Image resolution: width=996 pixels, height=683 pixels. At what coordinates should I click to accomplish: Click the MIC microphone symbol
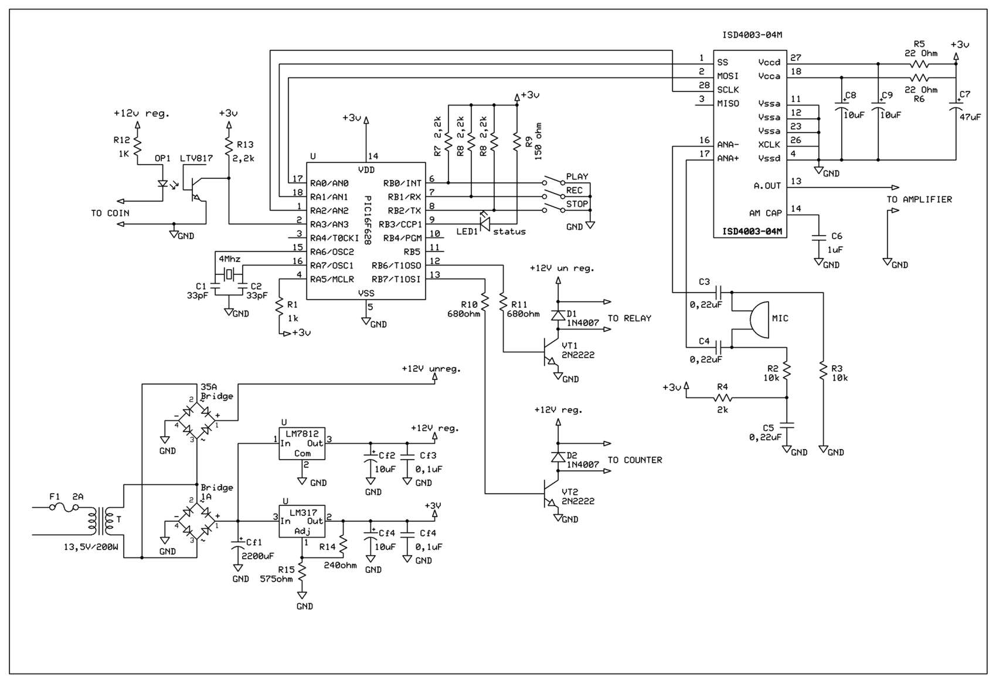759,320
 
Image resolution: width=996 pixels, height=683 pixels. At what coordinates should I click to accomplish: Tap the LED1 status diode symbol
485,221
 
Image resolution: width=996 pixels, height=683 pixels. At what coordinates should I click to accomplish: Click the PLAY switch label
577,176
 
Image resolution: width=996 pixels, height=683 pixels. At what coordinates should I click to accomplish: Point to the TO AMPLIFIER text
919,200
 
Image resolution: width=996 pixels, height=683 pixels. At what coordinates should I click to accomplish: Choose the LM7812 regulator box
302,443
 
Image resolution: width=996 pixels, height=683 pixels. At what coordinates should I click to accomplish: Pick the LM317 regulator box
302,521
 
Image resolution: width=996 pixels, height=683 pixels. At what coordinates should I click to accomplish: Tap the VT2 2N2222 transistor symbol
550,494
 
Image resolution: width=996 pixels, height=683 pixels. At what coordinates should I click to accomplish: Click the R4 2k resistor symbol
723,397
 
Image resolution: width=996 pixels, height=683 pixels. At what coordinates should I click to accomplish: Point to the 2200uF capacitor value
257,556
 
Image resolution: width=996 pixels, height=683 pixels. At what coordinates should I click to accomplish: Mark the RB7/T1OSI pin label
396,279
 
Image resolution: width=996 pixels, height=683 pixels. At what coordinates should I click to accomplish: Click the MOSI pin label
728,76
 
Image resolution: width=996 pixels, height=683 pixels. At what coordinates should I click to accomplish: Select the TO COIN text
110,213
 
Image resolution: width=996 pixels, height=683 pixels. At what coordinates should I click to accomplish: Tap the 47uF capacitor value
970,117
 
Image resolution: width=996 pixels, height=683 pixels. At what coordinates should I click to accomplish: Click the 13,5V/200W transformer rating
91,547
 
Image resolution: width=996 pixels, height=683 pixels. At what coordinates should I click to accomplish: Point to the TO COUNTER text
634,460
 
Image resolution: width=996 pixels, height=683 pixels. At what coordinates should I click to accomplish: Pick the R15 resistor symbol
302,572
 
